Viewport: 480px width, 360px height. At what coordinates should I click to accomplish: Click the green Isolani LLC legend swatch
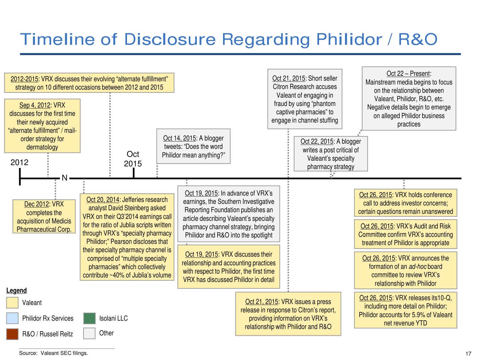(89, 318)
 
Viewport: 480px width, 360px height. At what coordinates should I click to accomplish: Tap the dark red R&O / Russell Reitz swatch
(12, 334)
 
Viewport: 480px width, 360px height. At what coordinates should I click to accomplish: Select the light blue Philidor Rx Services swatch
(12, 318)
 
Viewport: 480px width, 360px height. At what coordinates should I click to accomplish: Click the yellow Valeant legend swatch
(12, 303)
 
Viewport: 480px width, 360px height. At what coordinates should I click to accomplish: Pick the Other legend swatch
(89, 333)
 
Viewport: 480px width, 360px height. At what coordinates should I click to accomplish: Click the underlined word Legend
(17, 291)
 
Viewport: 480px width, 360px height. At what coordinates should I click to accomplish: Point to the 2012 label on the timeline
(20, 163)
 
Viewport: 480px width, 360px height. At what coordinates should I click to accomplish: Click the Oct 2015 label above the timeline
(133, 159)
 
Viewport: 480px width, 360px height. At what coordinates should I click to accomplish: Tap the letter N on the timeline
(65, 178)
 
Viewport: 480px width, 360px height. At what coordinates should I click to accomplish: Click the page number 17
(468, 354)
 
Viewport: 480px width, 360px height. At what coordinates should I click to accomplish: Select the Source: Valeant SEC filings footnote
(53, 353)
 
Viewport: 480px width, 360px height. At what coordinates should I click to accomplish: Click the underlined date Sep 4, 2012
(35, 105)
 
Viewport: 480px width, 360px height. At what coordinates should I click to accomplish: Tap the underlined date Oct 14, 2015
(180, 138)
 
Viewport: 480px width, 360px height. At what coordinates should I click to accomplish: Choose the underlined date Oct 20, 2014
(103, 200)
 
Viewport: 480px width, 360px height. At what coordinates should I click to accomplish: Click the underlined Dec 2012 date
(36, 204)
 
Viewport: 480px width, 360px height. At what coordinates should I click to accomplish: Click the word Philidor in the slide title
(349, 39)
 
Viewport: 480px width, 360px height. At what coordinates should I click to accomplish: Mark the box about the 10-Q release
(405, 310)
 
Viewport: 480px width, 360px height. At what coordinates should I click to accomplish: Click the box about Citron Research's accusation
(305, 99)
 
